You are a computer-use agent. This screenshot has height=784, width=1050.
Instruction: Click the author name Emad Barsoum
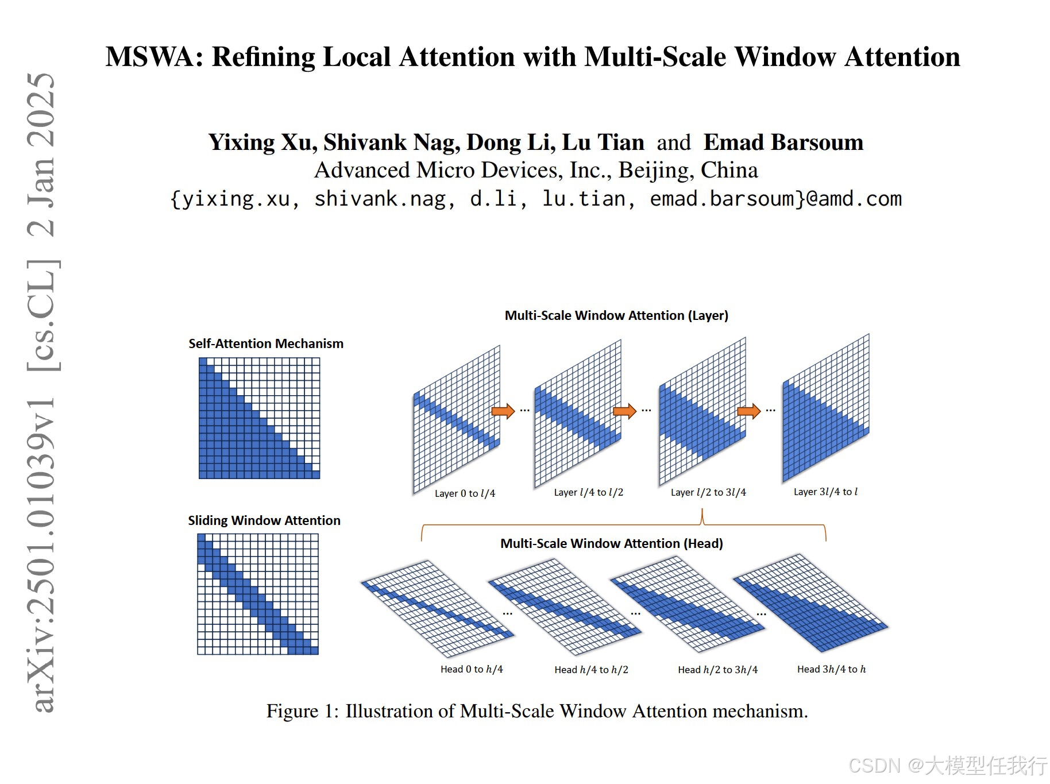click(783, 142)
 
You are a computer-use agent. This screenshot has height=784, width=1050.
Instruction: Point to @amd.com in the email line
click(854, 199)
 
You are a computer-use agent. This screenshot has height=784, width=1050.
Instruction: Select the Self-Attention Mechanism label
click(266, 343)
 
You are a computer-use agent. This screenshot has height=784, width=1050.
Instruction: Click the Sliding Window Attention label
click(264, 520)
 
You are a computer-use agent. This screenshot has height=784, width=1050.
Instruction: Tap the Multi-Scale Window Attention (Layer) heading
click(616, 315)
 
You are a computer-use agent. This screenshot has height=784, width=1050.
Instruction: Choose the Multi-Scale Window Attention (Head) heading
click(612, 543)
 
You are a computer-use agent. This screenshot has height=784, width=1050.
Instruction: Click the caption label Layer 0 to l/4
click(465, 493)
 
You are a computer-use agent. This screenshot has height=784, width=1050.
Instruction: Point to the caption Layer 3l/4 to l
click(825, 492)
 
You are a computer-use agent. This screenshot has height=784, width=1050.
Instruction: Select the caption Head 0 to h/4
click(472, 669)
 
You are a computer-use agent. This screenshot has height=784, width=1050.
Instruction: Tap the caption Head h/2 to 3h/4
click(717, 670)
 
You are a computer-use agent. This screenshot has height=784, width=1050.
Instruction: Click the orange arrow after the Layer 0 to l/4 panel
click(503, 411)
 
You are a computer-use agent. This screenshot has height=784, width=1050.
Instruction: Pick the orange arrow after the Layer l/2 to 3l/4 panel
click(748, 411)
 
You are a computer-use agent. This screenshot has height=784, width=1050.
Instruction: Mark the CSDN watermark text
click(948, 766)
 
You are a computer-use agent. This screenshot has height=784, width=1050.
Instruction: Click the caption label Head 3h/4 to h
click(831, 669)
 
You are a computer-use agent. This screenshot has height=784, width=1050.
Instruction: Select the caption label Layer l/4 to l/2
click(588, 492)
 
